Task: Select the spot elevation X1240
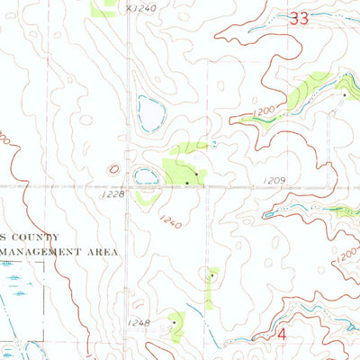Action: [141, 8]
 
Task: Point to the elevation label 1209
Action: [275, 181]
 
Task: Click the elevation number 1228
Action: [111, 193]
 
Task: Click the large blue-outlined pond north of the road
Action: [149, 113]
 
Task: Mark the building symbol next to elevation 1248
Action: [173, 321]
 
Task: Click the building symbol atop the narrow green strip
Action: [211, 274]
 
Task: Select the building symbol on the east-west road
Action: [186, 183]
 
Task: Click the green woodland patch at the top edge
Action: [103, 7]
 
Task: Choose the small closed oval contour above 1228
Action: [113, 168]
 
